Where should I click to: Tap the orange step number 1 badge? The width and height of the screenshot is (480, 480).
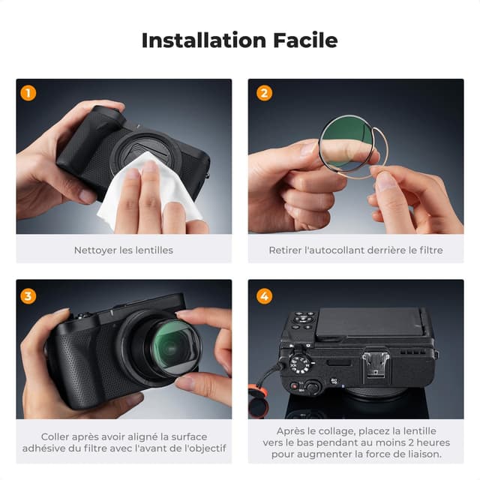pyautogui.click(x=28, y=93)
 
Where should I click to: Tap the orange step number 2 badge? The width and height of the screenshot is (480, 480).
pyautogui.click(x=264, y=93)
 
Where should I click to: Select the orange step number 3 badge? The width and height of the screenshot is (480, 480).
pyautogui.click(x=28, y=295)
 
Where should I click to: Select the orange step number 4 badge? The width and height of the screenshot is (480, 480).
pyautogui.click(x=264, y=295)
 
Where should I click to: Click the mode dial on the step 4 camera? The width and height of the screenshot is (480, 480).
pyautogui.click(x=300, y=364)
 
